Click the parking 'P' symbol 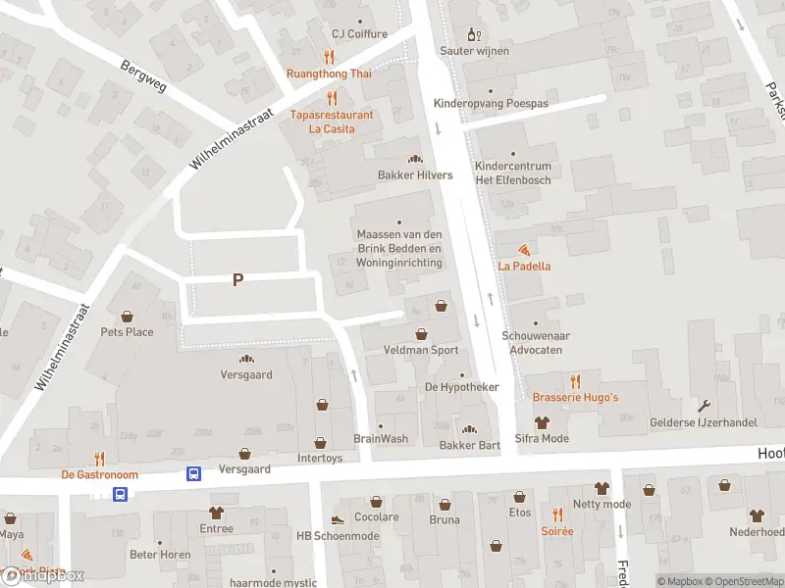(237, 280)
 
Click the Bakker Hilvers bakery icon (414, 159)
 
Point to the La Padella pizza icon (524, 250)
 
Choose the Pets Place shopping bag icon (127, 316)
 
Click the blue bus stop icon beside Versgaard (194, 474)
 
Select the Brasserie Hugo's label (575, 397)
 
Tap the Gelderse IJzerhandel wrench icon (704, 406)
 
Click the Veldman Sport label (421, 350)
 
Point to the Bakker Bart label (470, 446)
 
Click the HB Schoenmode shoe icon (338, 520)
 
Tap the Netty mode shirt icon (602, 488)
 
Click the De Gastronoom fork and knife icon (99, 458)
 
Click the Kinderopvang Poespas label (491, 103)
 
